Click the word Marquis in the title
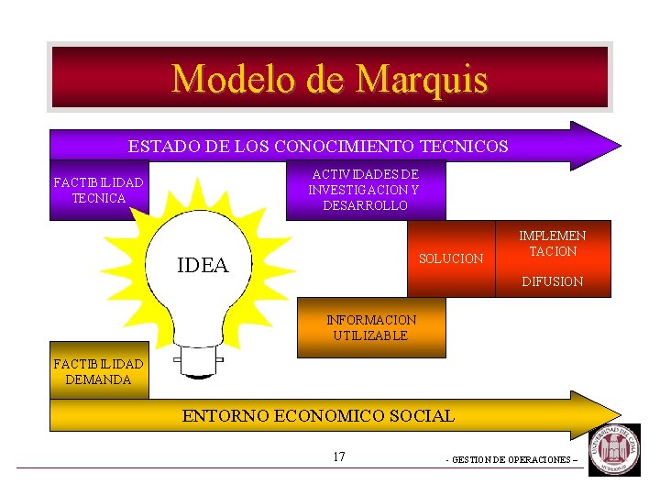click(422, 79)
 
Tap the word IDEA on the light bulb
click(203, 266)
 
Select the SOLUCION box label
click(450, 259)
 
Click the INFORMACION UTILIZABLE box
click(371, 328)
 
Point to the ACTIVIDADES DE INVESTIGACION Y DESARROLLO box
click(364, 190)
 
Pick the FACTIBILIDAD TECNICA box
click(98, 192)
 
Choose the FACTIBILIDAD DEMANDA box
click(98, 372)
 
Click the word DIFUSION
click(552, 282)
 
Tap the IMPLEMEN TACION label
click(552, 244)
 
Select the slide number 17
click(339, 456)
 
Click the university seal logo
click(615, 450)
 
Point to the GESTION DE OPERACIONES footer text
click(511, 460)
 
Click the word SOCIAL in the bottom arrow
click(424, 416)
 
